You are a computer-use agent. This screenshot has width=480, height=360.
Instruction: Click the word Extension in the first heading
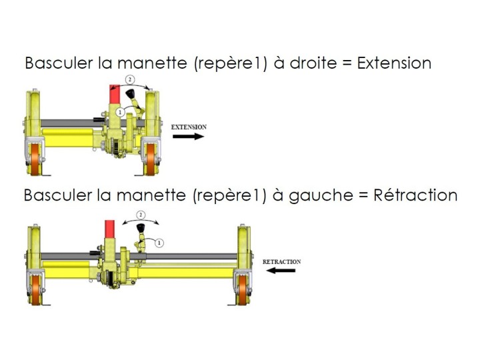click(x=394, y=63)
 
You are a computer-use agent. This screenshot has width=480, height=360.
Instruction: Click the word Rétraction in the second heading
click(x=415, y=195)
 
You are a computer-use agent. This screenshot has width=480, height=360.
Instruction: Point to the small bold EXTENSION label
click(x=189, y=127)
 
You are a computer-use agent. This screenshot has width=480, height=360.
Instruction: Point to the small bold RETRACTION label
click(x=281, y=262)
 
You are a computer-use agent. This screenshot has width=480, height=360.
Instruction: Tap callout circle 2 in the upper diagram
click(x=131, y=79)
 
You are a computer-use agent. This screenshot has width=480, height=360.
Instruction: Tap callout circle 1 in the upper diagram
click(x=120, y=113)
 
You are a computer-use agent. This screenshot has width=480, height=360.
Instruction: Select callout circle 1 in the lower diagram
click(x=160, y=243)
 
